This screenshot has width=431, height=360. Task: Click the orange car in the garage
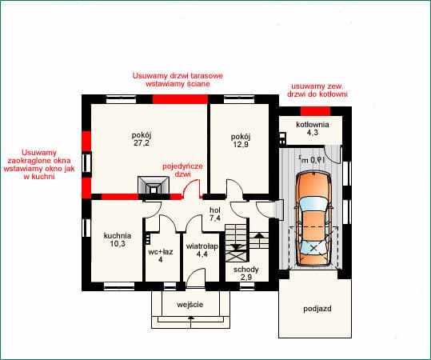(313, 218)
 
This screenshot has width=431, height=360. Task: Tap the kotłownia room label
(313, 125)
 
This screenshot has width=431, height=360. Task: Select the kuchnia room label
(118, 236)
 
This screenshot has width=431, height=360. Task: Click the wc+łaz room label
(161, 252)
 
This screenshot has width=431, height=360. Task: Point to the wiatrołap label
(202, 246)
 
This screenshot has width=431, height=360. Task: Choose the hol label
(215, 210)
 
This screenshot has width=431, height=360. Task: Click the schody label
(246, 270)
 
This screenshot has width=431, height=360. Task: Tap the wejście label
(190, 305)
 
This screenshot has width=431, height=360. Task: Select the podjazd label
(317, 309)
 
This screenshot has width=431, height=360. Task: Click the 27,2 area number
(142, 143)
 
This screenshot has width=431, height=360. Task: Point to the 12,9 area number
(241, 144)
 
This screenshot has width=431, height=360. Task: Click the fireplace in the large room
(154, 186)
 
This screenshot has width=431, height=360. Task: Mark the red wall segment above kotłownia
(315, 111)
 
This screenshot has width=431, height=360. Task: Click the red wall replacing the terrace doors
(180, 99)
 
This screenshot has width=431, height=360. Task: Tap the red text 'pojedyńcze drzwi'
(182, 170)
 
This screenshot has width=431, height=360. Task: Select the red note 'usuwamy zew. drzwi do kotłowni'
(317, 90)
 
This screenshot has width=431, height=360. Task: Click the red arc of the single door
(190, 183)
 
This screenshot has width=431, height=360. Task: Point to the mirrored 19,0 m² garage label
(312, 159)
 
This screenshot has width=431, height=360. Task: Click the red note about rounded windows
(39, 165)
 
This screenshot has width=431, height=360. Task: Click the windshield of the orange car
(313, 204)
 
